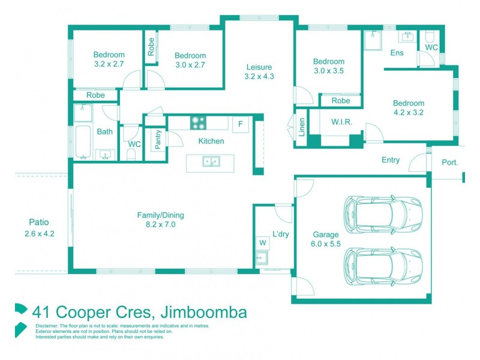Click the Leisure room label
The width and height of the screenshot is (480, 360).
click(259, 67)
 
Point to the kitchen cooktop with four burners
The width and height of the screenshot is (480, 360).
click(199, 123)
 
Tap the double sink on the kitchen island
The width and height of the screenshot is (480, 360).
click(210, 161)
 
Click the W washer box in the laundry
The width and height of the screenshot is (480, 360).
click(262, 242)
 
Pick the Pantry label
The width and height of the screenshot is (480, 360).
click(158, 140)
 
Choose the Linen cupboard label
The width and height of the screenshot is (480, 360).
click(302, 126)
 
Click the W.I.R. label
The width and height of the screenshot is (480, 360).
click(341, 122)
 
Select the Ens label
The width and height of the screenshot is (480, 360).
click(397, 53)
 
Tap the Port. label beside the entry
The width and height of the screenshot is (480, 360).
click(449, 162)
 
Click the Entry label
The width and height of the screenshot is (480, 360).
click(391, 160)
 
